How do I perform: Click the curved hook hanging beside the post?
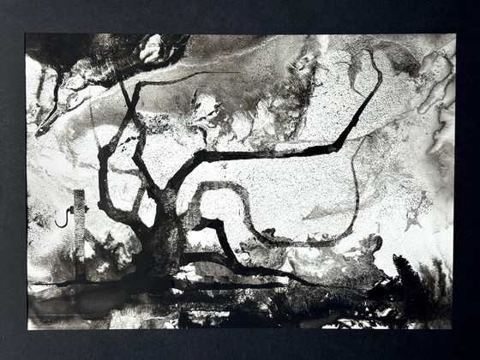62,218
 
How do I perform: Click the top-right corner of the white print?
454,35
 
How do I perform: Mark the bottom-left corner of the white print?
27,329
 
